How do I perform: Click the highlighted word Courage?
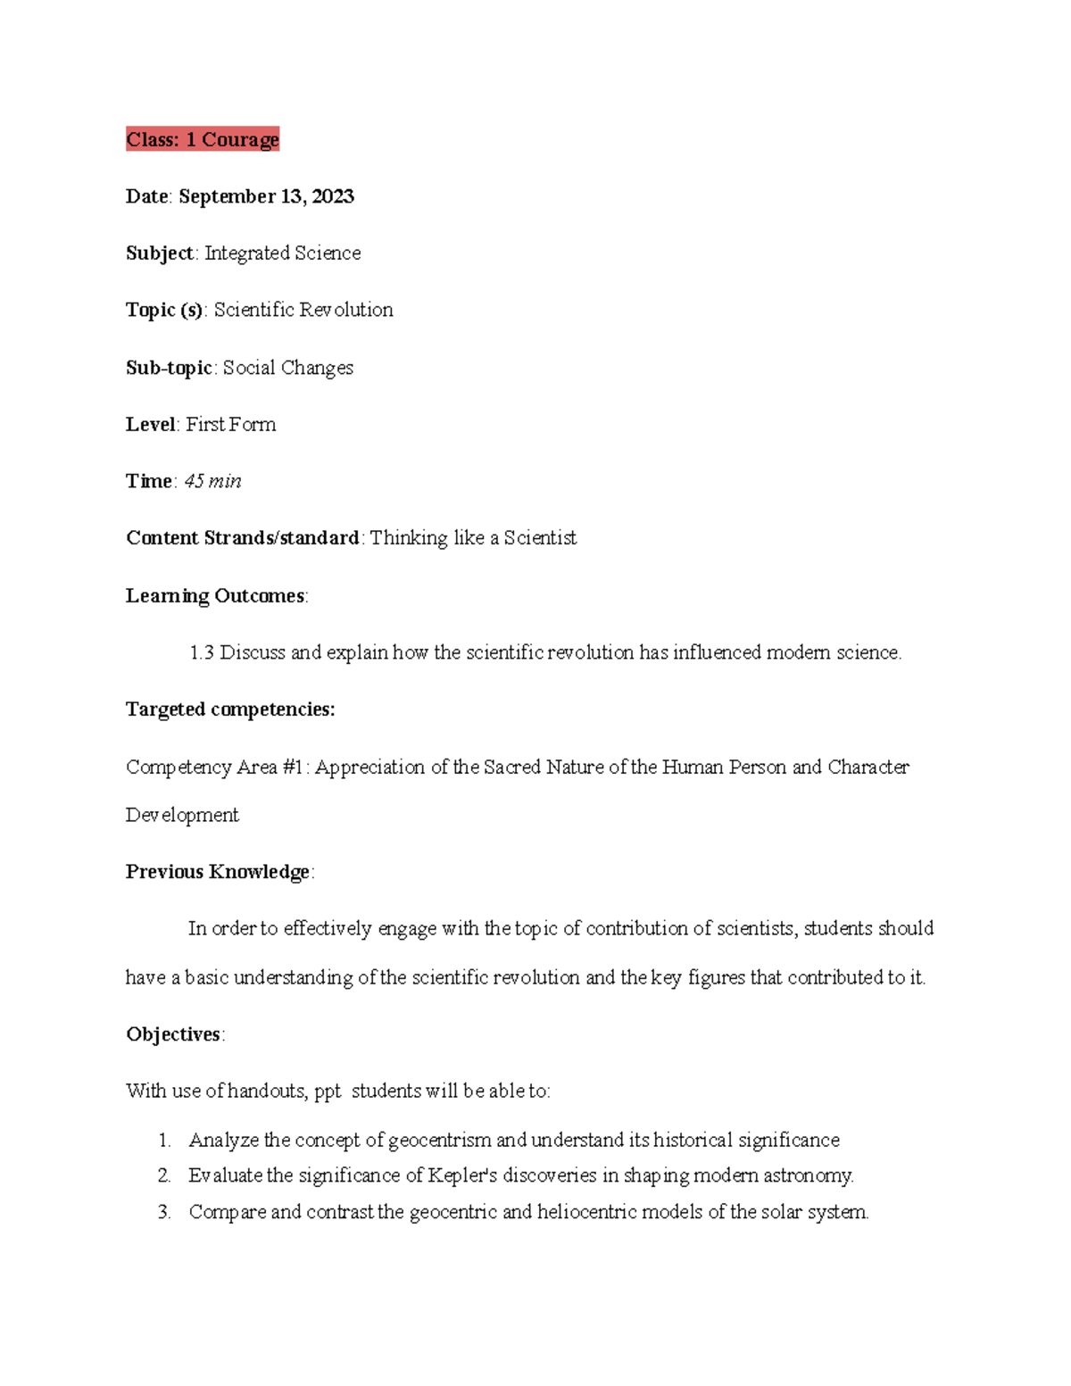(x=240, y=139)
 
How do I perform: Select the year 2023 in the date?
(x=333, y=196)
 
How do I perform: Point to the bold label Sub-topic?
(x=169, y=368)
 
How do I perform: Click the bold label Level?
(x=150, y=425)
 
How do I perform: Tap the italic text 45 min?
(x=212, y=481)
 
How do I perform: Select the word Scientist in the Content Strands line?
(x=540, y=538)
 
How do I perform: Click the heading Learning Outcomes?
(x=215, y=595)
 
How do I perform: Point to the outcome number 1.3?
(x=202, y=652)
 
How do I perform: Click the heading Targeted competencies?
(x=230, y=710)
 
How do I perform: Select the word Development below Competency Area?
(x=182, y=815)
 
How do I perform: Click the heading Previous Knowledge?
(x=218, y=872)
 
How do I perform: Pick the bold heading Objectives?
(x=173, y=1034)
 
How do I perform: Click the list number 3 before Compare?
(x=163, y=1212)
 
